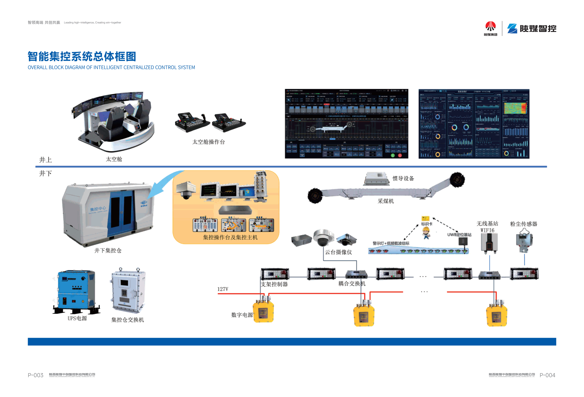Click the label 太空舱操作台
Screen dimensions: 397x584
(208, 142)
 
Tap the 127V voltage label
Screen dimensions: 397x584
(223, 289)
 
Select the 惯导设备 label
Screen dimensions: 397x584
(403, 178)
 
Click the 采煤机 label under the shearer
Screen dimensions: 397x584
(385, 201)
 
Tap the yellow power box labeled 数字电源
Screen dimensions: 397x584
(263, 312)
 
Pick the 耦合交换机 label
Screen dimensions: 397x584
(352, 284)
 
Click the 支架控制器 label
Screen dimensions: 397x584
(274, 284)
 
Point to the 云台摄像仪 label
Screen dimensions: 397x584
(338, 252)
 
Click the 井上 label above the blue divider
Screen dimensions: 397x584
(45, 160)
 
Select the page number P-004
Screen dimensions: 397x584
(547, 375)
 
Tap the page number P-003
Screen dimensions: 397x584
(35, 375)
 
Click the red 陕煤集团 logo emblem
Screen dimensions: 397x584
(490, 26)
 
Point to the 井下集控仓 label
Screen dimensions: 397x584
(108, 250)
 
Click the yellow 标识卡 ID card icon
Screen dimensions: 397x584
(425, 218)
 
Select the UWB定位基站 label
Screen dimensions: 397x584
(459, 235)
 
